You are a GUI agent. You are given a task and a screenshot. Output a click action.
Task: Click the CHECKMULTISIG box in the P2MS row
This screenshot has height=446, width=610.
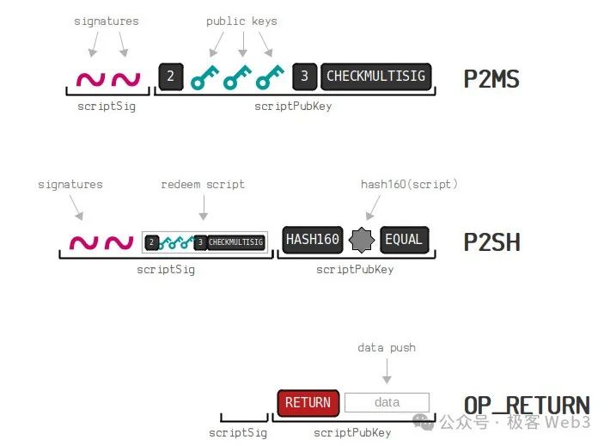point(375,77)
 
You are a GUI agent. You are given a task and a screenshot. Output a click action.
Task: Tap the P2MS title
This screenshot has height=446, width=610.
point(491,79)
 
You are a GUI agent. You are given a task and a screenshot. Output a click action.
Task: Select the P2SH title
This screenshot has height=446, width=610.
point(491,241)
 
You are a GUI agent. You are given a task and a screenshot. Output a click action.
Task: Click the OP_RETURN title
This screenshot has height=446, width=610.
point(527,406)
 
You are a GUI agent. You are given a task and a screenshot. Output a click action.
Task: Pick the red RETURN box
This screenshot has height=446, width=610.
point(308,402)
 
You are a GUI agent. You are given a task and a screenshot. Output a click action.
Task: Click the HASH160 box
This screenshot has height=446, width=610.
point(313,240)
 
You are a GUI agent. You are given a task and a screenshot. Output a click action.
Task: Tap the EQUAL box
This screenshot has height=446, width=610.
point(404,240)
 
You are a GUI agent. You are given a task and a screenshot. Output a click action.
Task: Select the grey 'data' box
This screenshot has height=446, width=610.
point(387,402)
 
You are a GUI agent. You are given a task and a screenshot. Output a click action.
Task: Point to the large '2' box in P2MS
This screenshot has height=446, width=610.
point(171,77)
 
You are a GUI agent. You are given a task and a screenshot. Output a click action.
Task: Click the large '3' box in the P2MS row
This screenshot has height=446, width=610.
point(304,77)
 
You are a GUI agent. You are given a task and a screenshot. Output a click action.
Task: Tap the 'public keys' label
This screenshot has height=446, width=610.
point(241,21)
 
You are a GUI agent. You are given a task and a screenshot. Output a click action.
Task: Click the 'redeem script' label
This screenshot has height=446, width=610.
point(203,184)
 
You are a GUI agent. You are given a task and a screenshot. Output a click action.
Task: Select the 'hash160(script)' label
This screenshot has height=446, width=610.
point(409,184)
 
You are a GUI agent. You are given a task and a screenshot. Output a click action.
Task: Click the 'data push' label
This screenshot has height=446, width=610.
point(387,347)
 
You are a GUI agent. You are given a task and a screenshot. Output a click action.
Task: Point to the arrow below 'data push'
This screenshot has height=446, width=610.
point(387,371)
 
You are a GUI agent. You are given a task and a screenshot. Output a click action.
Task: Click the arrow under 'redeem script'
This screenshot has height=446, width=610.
point(203,209)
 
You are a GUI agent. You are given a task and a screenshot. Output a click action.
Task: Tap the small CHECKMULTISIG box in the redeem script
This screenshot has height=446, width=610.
point(235,242)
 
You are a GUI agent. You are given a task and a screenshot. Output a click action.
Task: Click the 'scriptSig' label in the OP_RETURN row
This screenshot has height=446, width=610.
point(238,433)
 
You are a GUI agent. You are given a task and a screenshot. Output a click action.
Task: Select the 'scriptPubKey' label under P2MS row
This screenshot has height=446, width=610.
point(293,107)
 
